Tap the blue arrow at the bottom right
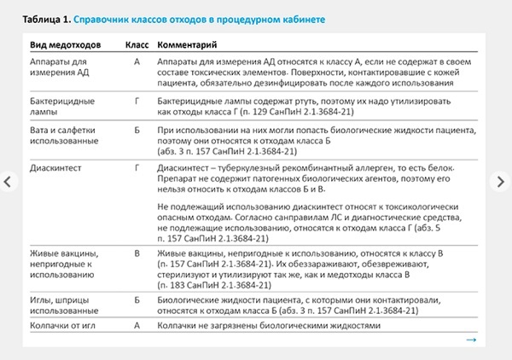471,340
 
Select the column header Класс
137,43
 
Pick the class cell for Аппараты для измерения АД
137,62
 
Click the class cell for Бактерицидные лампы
137,100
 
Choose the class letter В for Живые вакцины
137,254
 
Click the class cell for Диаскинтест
137,168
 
